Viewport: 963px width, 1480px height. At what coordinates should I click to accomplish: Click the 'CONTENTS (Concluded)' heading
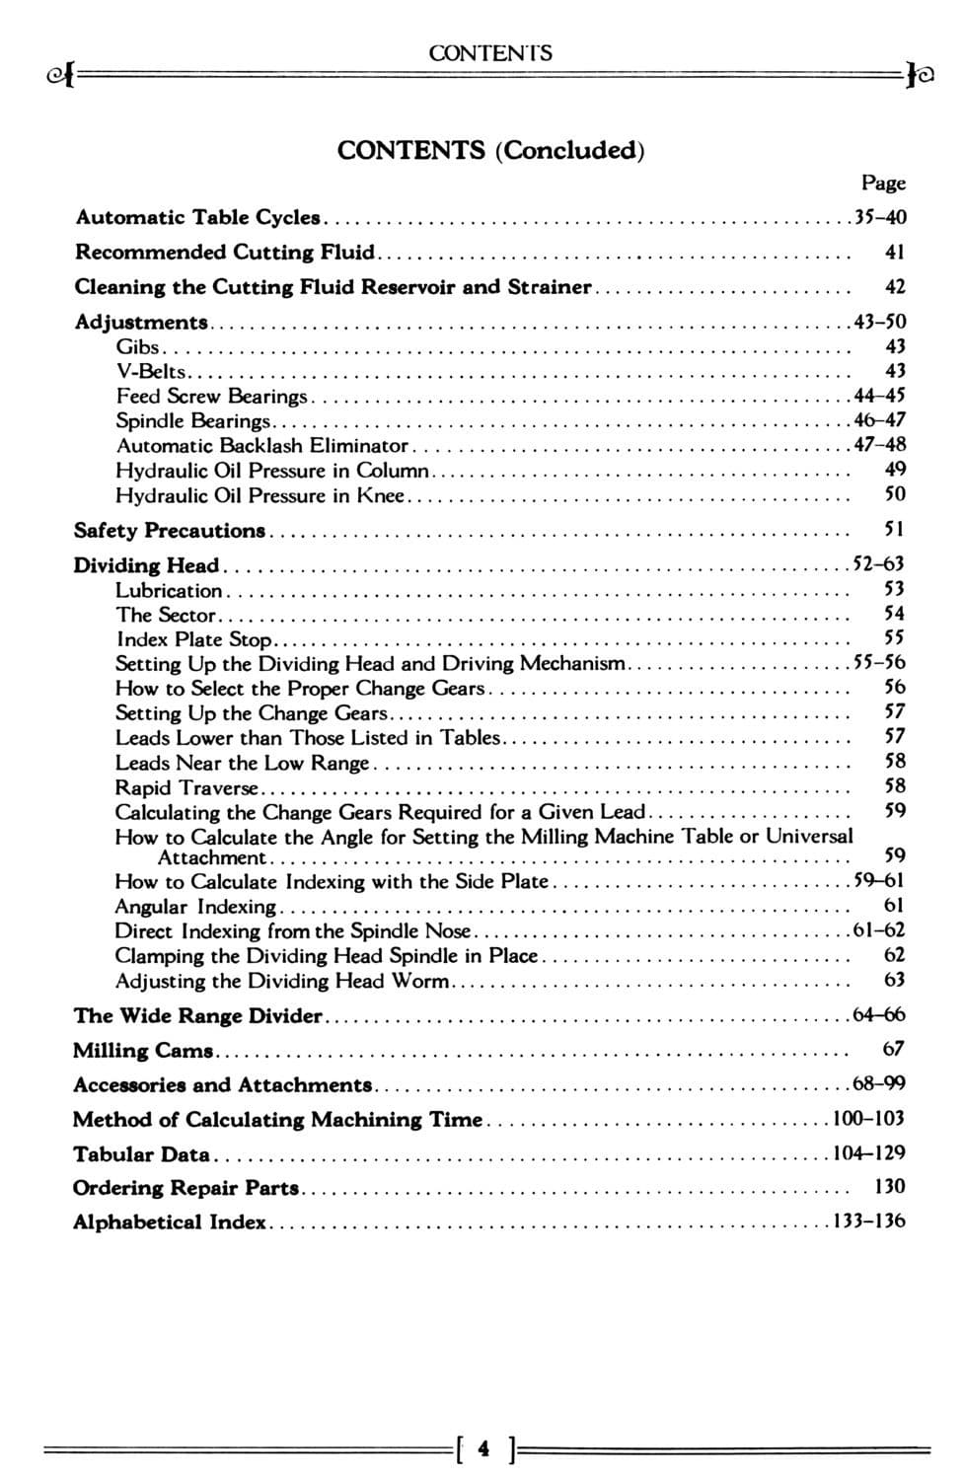(x=490, y=150)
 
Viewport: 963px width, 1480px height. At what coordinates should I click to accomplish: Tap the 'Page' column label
(x=883, y=183)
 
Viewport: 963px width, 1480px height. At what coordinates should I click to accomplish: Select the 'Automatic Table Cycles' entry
(x=198, y=217)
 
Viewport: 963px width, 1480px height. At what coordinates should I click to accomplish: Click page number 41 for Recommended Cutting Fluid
(x=894, y=253)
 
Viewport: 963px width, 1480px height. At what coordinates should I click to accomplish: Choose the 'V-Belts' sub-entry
(x=151, y=371)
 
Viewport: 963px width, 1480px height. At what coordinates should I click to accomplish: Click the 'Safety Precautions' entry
(x=170, y=531)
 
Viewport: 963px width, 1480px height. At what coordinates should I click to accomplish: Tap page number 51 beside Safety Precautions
(x=894, y=530)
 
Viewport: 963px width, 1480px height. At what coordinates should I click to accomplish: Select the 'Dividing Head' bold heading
(x=146, y=565)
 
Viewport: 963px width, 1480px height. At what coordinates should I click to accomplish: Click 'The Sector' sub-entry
(x=165, y=615)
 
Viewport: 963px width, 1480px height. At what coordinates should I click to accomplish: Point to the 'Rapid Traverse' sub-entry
(x=186, y=787)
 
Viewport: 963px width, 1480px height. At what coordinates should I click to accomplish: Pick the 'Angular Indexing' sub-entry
(x=195, y=906)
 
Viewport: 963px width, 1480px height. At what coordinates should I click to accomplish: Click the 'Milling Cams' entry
(x=143, y=1050)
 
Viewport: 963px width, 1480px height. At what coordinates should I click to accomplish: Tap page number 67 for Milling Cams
(x=894, y=1049)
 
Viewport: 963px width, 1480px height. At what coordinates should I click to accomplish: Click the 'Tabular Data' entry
(x=141, y=1153)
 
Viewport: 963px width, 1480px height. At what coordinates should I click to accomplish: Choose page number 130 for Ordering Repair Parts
(x=890, y=1187)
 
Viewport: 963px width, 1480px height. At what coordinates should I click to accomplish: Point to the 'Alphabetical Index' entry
(x=169, y=1222)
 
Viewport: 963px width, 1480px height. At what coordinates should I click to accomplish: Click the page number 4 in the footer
(x=482, y=1449)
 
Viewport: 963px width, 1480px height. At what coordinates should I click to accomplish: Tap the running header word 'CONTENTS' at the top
(x=490, y=53)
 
